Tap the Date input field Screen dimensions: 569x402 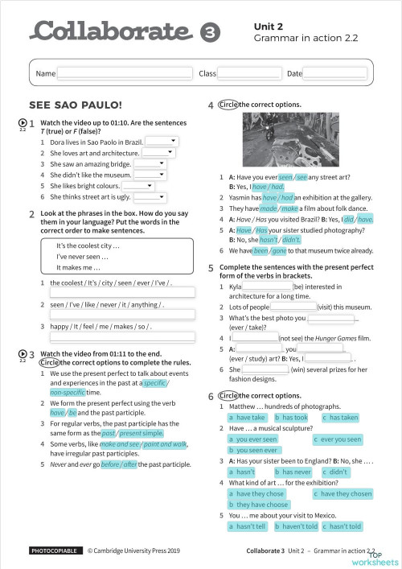coord(334,73)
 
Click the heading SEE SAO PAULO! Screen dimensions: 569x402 coord(75,105)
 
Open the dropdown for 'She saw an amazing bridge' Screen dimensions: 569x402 coord(150,163)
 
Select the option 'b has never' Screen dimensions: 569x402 coord(293,472)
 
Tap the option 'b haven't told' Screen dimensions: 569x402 coord(295,526)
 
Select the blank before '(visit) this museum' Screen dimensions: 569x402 coord(293,307)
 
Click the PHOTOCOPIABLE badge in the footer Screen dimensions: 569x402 coord(55,550)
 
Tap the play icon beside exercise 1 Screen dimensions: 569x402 coord(22,123)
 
